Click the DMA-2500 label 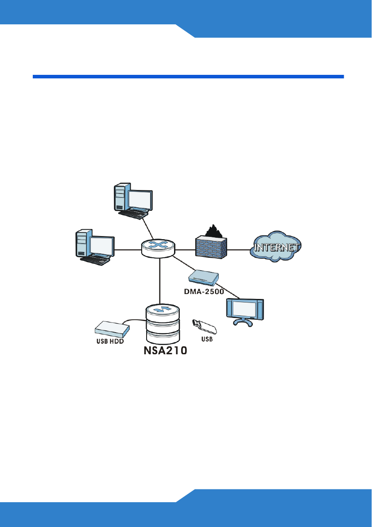click(x=203, y=292)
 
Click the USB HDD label click(x=110, y=341)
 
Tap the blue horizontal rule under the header click(x=188, y=77)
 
